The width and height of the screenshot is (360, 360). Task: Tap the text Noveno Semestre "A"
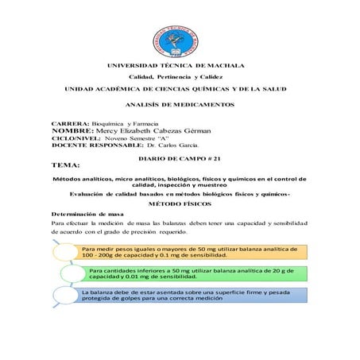(117, 140)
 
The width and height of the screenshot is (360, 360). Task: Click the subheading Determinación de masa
(85, 214)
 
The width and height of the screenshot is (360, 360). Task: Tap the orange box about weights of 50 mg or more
(187, 253)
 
